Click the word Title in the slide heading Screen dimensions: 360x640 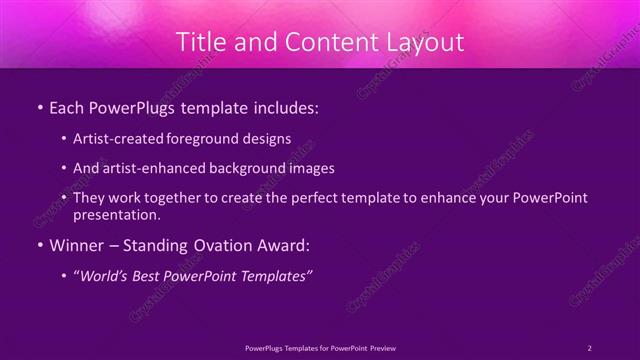coord(200,42)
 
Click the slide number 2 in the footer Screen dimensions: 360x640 coord(589,347)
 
